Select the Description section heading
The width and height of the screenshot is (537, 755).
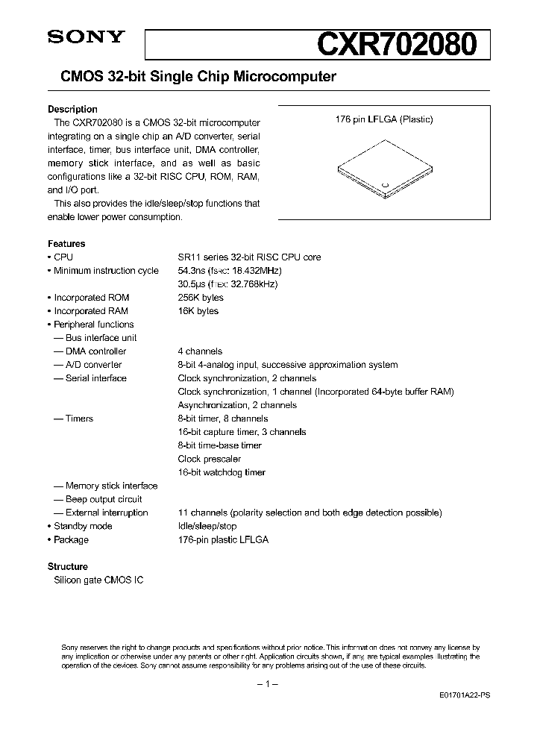point(72,109)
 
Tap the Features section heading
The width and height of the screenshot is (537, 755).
point(66,243)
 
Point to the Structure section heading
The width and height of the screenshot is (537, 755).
point(68,566)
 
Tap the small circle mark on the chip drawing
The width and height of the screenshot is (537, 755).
point(385,184)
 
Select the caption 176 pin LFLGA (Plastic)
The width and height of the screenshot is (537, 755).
point(384,119)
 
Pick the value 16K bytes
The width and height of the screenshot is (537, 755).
point(198,311)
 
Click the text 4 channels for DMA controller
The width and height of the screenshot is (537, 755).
point(200,351)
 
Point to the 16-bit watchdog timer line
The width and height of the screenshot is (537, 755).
point(222,472)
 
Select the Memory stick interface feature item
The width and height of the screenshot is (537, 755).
point(110,486)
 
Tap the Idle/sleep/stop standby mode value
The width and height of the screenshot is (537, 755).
point(207,526)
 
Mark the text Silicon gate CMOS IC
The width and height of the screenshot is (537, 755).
point(98,580)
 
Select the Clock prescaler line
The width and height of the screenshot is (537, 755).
point(210,459)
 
